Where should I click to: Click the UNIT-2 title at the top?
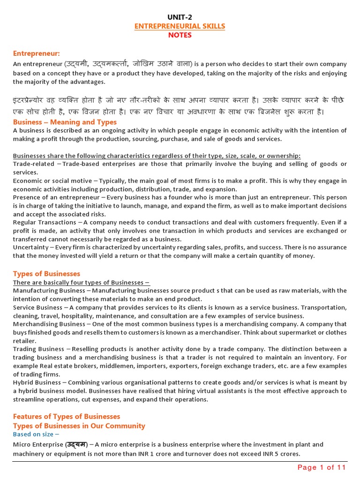click(180, 18)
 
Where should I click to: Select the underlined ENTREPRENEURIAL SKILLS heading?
click(180, 26)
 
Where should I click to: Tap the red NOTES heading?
click(180, 35)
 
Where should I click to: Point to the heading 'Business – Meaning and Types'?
click(65, 122)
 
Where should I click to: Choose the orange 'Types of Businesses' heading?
click(46, 273)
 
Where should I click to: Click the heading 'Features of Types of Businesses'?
click(67, 416)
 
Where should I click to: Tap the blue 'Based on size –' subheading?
click(36, 435)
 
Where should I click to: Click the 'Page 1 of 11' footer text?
click(322, 467)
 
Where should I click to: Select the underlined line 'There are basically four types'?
click(81, 283)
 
